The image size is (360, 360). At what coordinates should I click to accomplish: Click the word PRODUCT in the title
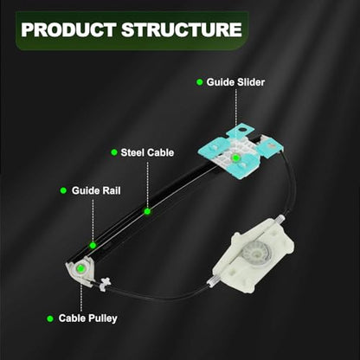coord(68,29)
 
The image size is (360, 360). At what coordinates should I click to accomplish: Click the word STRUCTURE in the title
coord(182,29)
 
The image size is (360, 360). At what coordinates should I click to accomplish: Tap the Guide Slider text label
coord(235,82)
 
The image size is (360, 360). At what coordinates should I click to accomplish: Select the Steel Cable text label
coord(147,152)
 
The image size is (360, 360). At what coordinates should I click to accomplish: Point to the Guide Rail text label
coord(96,190)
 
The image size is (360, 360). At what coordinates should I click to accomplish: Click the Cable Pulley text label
coord(87,318)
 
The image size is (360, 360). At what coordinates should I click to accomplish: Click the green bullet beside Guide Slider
coord(199,82)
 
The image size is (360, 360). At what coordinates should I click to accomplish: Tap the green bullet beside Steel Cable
coord(114,152)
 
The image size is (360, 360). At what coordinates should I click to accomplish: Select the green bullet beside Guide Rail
coord(63,190)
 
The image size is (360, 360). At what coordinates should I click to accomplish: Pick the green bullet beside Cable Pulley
coord(50,318)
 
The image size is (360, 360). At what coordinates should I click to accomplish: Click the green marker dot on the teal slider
coord(235,157)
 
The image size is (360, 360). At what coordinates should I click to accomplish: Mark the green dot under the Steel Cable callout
coord(147,212)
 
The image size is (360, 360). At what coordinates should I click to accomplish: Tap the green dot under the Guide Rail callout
coord(93,246)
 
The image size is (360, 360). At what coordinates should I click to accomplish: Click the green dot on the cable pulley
coord(80,268)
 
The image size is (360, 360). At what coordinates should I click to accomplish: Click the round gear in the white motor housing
coord(254,252)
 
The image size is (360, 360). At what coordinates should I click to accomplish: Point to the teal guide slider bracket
coord(241,151)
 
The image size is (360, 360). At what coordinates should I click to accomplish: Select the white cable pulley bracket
coord(80,270)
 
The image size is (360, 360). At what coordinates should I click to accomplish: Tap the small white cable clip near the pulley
coord(104,283)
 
